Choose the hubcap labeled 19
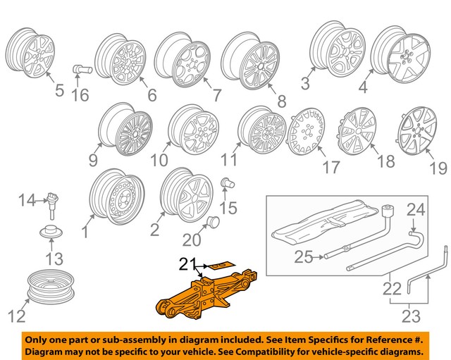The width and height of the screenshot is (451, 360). click(x=420, y=132)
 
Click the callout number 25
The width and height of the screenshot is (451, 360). click(x=303, y=259)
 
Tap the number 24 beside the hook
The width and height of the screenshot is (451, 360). click(x=416, y=209)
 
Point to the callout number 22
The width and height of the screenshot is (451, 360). click(x=391, y=288)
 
